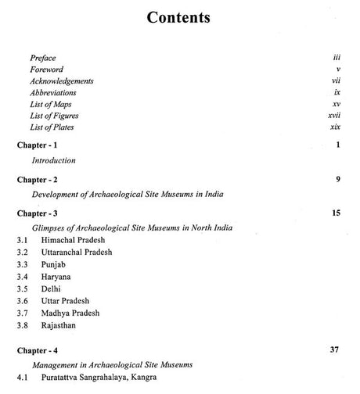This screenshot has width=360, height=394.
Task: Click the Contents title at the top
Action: tap(179, 18)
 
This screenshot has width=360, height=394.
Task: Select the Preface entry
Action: tap(44, 59)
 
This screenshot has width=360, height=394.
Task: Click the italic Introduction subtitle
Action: tap(53, 161)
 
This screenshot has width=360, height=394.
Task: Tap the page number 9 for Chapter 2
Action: tap(337, 179)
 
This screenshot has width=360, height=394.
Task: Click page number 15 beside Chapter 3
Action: tap(335, 213)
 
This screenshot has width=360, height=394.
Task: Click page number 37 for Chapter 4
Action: tap(334, 371)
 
